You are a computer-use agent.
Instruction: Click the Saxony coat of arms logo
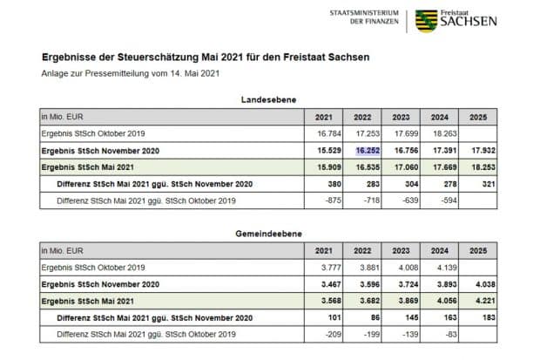[x=426, y=20]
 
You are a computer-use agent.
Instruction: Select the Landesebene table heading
[x=269, y=100]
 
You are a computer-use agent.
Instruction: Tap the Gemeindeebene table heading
[x=268, y=234]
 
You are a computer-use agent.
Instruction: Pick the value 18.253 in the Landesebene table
[x=483, y=166]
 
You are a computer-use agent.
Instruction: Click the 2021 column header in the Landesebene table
[x=323, y=117]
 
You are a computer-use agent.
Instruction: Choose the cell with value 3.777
[x=329, y=267]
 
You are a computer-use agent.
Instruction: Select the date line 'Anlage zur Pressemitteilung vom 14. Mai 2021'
[x=131, y=73]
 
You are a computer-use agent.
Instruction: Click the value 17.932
[x=483, y=150]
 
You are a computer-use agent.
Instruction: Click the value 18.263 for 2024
[x=442, y=133]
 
